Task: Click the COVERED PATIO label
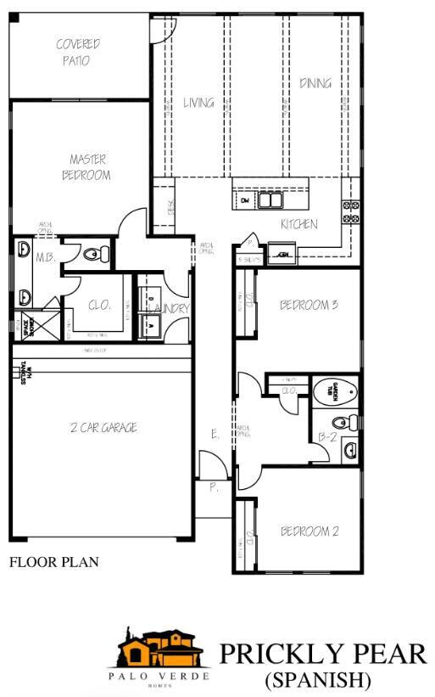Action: point(77,52)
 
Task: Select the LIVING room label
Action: point(198,104)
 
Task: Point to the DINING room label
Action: point(315,83)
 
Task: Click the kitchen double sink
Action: point(270,200)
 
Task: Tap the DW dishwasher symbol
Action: point(243,200)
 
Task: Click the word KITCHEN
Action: point(299,224)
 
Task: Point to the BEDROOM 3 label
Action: point(309,304)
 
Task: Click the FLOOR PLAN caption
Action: point(53,561)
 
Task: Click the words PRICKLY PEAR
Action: point(322,654)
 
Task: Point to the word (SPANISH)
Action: point(318,680)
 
